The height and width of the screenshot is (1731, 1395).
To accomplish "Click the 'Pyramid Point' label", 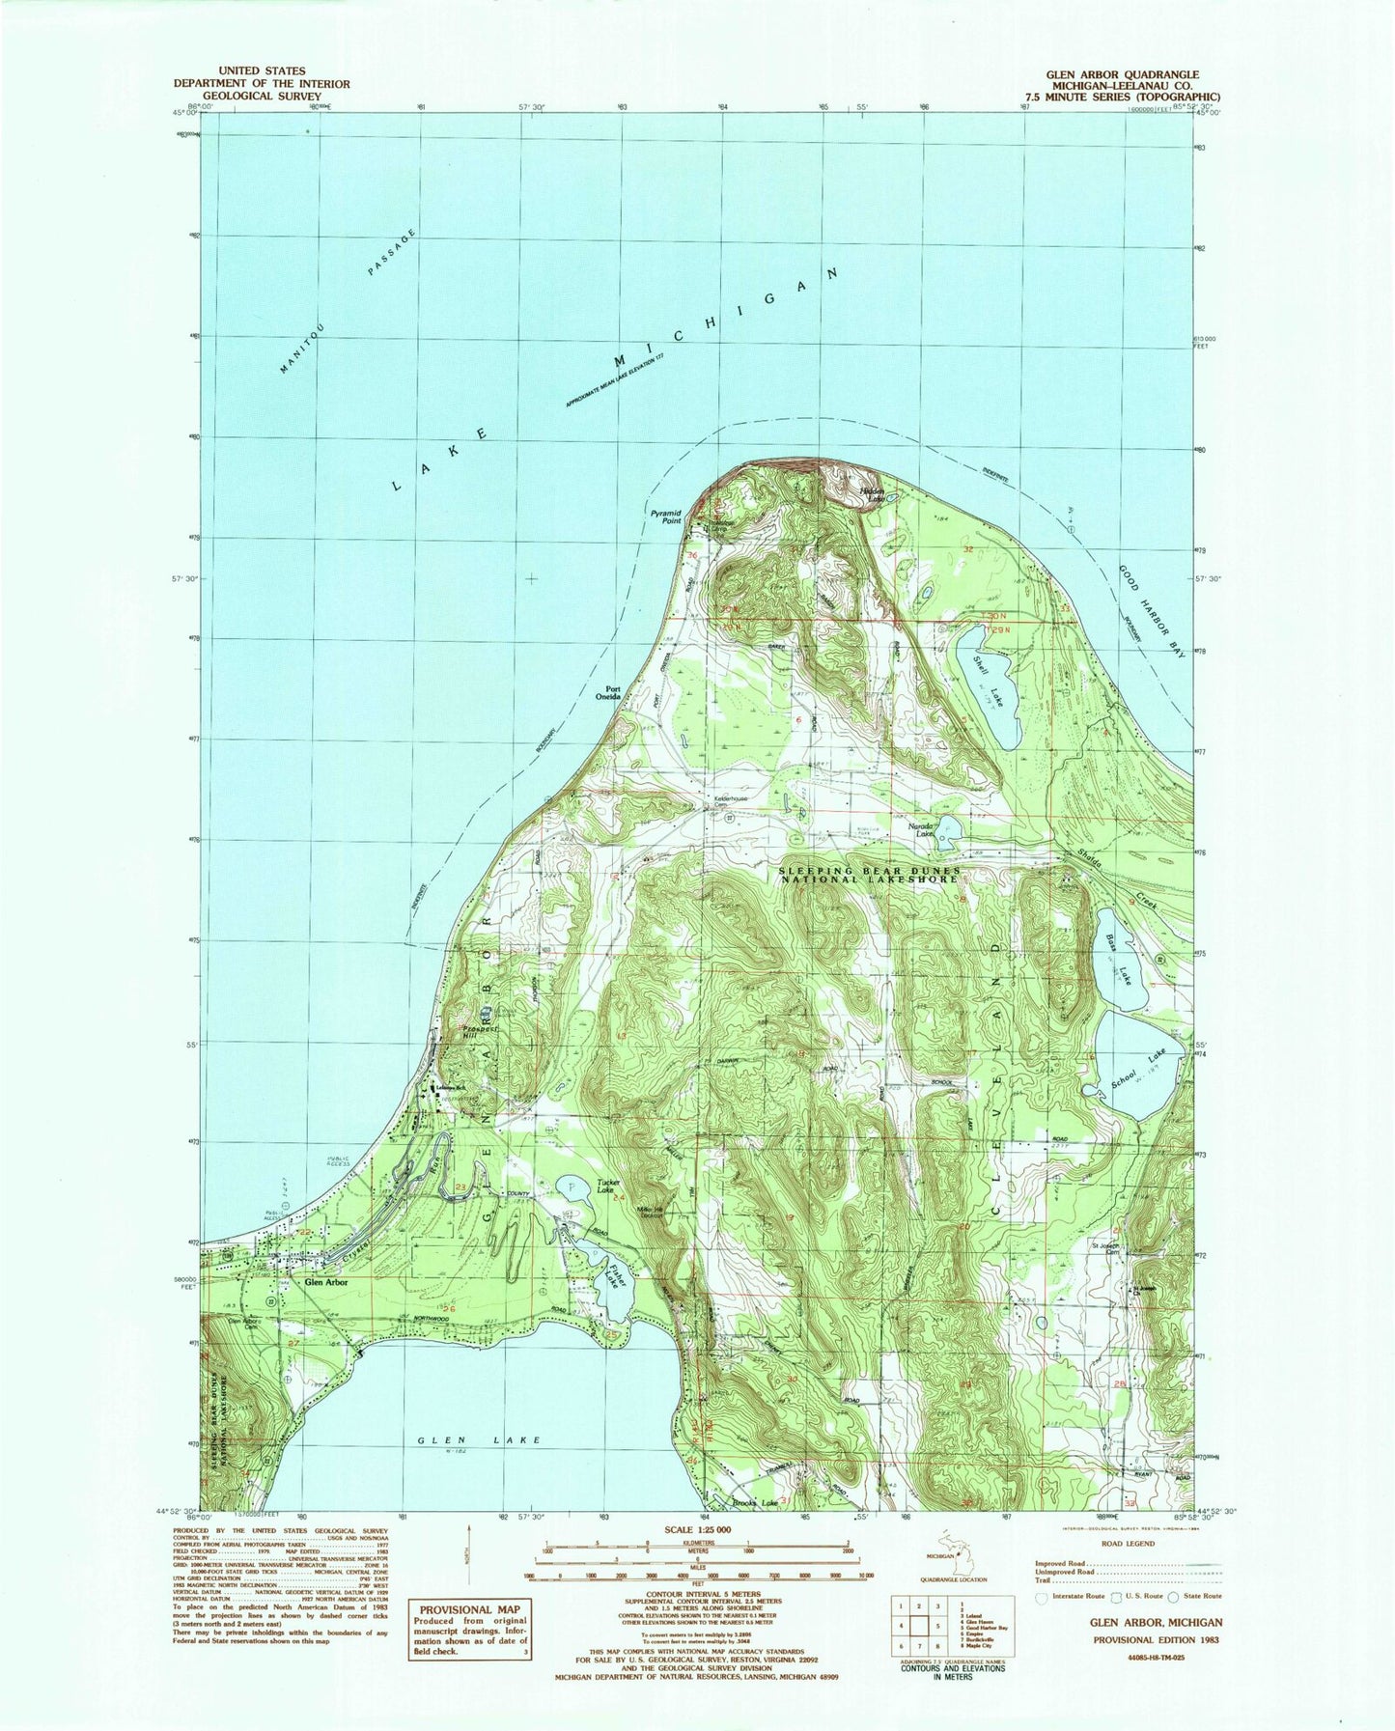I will tap(666, 516).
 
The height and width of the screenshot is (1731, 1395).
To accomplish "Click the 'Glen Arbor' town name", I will tap(325, 1284).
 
